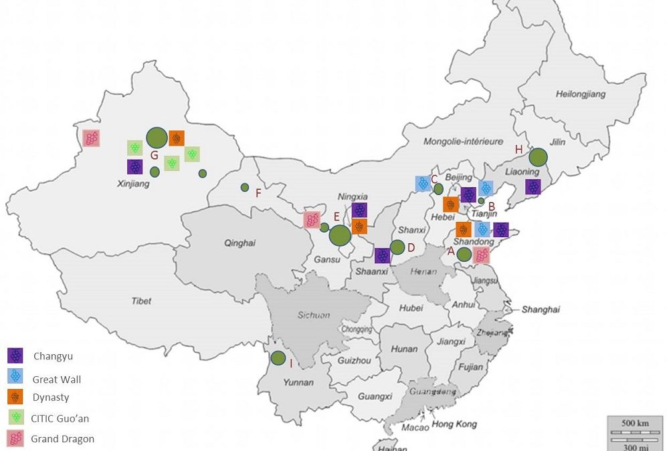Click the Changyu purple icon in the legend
coord(15,356)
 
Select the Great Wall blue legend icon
coord(15,375)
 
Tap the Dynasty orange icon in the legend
coord(15,396)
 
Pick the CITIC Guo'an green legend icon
coord(15,417)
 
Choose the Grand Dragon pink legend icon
coord(15,438)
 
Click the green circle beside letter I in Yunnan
coord(278,357)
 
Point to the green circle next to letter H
coord(538,157)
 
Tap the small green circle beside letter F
coord(245,187)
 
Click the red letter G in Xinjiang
coord(154,156)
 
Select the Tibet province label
coord(141,301)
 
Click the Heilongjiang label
coord(580,94)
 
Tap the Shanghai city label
coord(541,309)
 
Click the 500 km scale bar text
coord(631,424)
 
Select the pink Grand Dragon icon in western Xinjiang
coord(92,138)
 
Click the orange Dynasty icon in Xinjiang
coord(177,138)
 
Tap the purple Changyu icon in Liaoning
coord(533,187)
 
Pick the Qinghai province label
coord(240,243)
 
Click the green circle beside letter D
coord(397,247)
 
